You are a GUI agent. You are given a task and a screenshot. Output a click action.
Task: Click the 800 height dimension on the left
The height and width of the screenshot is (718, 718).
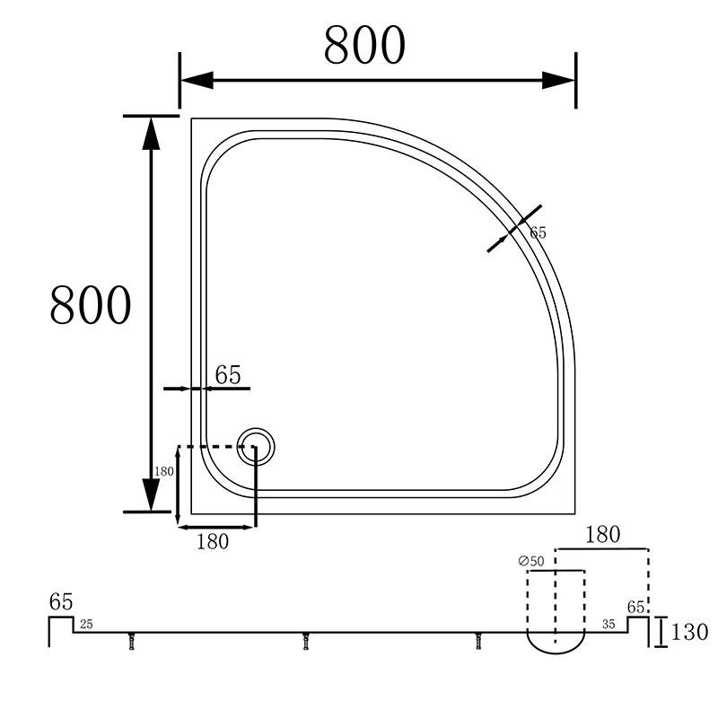[91, 305]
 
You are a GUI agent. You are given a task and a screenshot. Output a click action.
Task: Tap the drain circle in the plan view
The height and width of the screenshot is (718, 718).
[256, 446]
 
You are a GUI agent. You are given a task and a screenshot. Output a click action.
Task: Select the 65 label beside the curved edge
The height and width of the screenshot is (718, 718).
[538, 232]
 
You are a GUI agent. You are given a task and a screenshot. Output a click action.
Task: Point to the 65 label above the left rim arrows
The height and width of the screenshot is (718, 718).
[228, 374]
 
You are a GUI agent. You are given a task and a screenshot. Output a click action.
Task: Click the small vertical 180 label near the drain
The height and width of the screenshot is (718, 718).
[164, 471]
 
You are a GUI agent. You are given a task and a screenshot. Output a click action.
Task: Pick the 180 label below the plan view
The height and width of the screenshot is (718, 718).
[213, 542]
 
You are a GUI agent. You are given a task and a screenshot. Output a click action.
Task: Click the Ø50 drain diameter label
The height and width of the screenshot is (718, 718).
[531, 561]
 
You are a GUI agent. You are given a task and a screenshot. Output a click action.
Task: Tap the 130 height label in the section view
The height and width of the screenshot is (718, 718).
[689, 632]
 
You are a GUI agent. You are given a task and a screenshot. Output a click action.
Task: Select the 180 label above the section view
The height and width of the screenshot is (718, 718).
[602, 534]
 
